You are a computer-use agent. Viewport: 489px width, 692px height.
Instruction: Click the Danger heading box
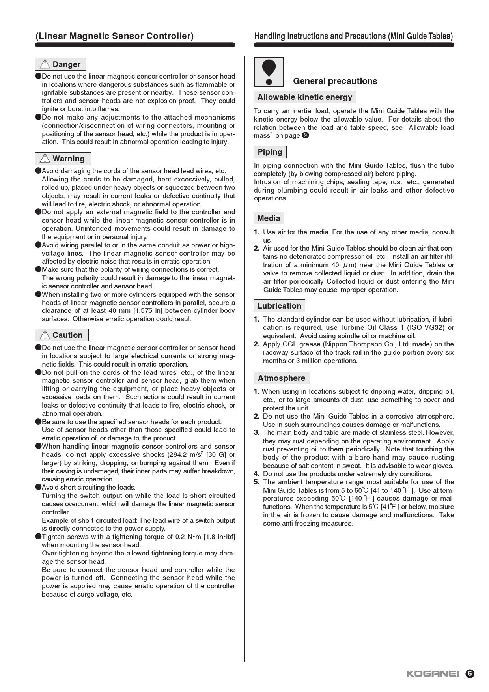pos(61,64)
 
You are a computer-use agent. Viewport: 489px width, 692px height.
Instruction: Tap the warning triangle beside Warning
pos(45,159)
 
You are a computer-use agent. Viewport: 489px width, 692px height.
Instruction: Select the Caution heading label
pos(67,335)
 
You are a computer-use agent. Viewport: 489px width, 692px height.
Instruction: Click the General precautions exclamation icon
pos(269,72)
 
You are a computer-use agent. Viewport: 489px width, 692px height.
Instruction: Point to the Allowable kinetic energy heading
pos(305,97)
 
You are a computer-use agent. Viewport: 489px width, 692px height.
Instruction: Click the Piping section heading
pos(270,152)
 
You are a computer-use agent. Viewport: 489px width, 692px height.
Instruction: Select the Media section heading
pos(269,218)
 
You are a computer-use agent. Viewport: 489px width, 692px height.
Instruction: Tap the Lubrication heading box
pos(279,306)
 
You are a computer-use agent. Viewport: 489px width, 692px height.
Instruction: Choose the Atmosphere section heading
pos(282,378)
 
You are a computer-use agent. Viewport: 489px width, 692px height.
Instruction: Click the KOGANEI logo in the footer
pos(433,673)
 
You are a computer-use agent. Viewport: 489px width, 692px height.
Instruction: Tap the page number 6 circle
pos(470,673)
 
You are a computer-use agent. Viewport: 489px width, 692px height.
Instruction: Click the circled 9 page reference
pos(305,136)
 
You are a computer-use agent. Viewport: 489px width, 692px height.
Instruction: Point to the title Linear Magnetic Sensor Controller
pos(115,36)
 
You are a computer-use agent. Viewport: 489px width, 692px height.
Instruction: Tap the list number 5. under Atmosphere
pos(257,482)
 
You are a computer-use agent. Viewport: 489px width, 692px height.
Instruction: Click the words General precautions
pos(335,81)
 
